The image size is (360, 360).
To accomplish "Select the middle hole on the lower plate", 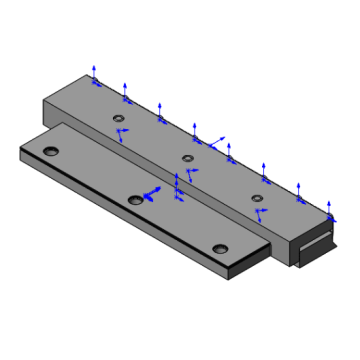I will pyautogui.click(x=135, y=199).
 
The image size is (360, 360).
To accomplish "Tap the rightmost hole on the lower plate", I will pyautogui.click(x=219, y=248).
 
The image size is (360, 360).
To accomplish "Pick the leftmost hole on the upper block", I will pyautogui.click(x=118, y=118).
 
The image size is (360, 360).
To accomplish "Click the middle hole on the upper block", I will pyautogui.click(x=187, y=158).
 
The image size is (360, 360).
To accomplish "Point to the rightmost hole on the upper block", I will pyautogui.click(x=257, y=198).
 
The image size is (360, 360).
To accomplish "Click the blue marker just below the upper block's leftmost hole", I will pyautogui.click(x=122, y=133).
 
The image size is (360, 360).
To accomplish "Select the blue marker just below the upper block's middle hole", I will pyautogui.click(x=190, y=172).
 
